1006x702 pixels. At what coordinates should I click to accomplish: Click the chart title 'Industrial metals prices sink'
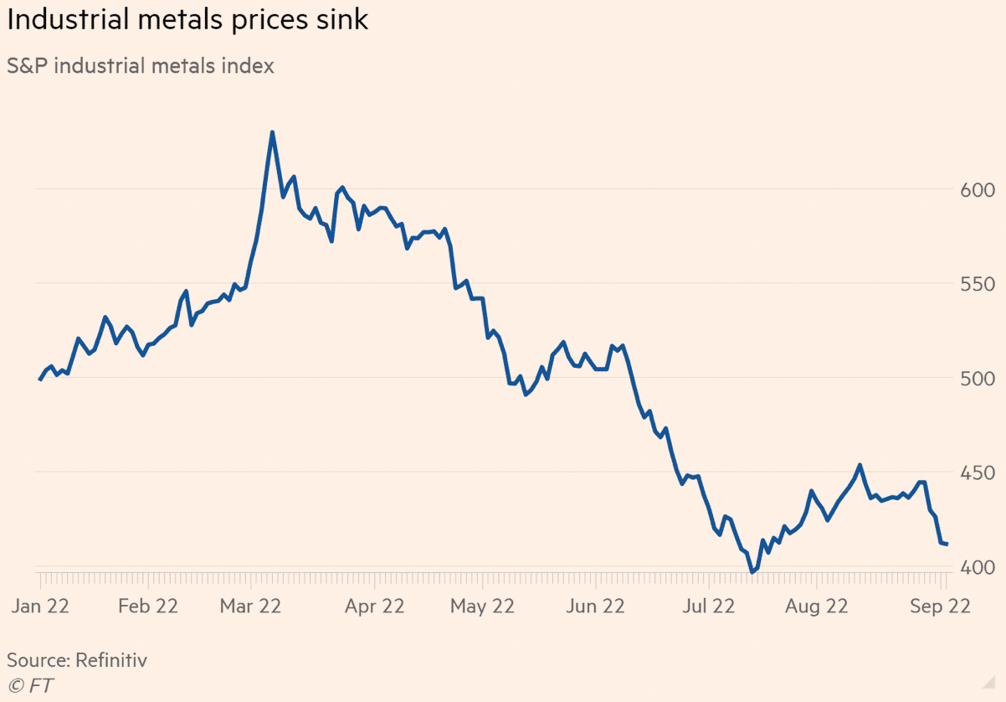[187, 20]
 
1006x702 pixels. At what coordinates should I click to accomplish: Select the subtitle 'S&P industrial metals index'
[141, 65]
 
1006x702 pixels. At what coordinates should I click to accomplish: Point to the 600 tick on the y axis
[977, 190]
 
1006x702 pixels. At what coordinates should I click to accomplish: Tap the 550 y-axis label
[977, 285]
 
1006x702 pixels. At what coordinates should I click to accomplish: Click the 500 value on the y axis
[977, 379]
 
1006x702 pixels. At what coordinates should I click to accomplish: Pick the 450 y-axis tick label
[977, 473]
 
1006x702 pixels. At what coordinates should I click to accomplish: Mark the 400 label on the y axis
[977, 567]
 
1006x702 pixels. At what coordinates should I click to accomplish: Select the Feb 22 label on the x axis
[147, 607]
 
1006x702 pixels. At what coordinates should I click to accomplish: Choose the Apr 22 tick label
[374, 607]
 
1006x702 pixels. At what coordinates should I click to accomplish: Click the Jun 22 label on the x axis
[594, 607]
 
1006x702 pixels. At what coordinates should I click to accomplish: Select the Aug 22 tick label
[817, 607]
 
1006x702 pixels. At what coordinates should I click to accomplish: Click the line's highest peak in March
[272, 132]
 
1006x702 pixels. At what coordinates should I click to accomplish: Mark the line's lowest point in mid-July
[752, 572]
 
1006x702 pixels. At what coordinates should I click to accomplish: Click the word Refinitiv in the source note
[110, 660]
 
